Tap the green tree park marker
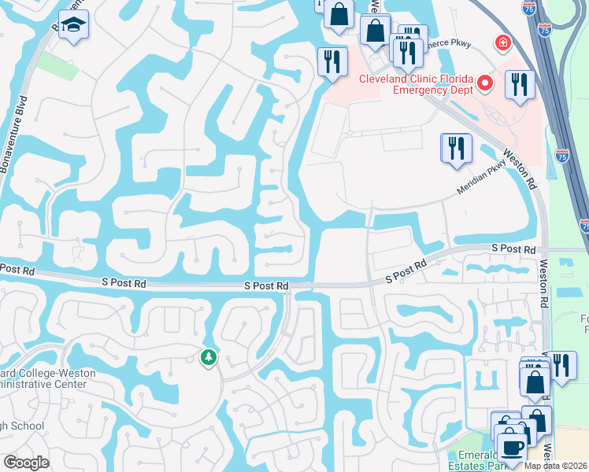(x=209, y=358)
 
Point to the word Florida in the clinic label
(x=454, y=79)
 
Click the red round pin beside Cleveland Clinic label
(x=486, y=82)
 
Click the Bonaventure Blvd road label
(x=13, y=134)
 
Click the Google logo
(x=26, y=463)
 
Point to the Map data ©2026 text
(x=556, y=465)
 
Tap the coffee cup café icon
(x=511, y=447)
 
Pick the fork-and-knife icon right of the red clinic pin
(x=519, y=84)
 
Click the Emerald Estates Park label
(x=480, y=460)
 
